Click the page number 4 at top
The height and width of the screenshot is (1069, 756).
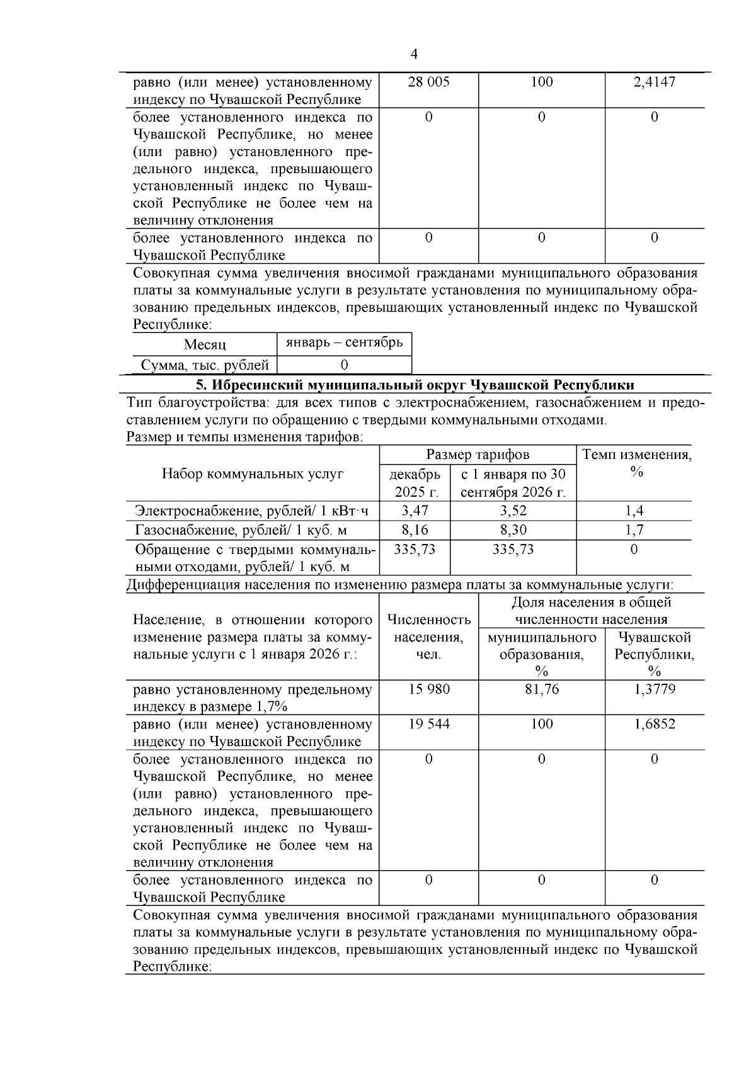click(413, 54)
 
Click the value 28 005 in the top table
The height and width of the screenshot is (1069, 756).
click(428, 82)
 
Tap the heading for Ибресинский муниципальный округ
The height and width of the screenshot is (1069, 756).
click(415, 385)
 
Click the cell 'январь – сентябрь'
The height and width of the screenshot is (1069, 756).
click(344, 342)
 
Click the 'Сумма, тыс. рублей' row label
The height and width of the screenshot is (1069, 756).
click(204, 365)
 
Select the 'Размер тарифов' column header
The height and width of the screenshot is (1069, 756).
click(478, 455)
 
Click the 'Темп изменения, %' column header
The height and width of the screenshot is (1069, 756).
click(636, 463)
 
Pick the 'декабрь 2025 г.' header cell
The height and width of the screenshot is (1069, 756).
click(415, 482)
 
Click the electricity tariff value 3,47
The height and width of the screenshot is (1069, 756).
click(415, 511)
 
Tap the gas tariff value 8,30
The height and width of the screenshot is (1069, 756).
click(513, 530)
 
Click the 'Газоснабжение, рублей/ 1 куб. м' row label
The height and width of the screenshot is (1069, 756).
click(241, 530)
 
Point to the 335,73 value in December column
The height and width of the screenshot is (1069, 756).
click(415, 550)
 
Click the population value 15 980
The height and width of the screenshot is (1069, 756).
click(428, 689)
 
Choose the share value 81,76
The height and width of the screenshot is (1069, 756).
click(541, 689)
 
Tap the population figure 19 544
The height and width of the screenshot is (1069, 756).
click(428, 724)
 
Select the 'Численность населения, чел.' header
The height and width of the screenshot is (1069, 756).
click(428, 637)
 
